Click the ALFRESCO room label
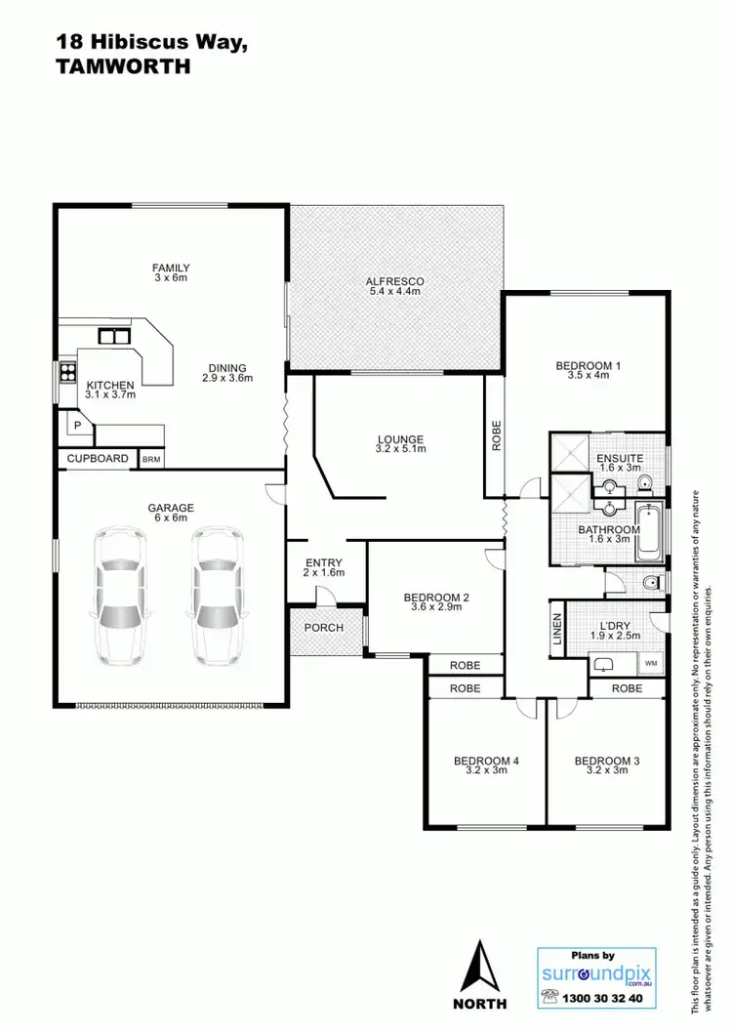(395, 281)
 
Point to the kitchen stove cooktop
(68, 371)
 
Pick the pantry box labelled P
(75, 427)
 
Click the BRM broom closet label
(152, 458)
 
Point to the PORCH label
(324, 627)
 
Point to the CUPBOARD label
(98, 458)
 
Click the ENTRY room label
(324, 562)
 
